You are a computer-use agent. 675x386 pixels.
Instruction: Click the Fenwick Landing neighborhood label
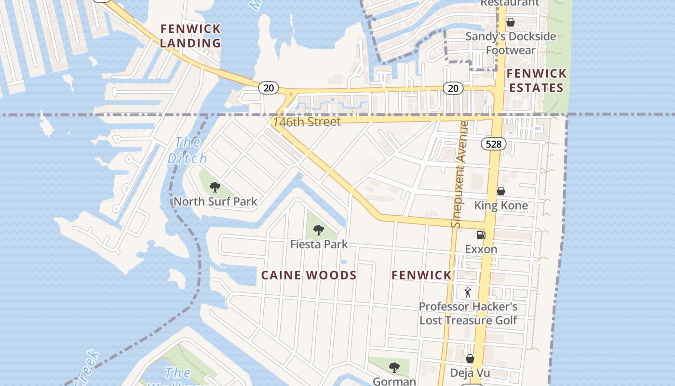190,36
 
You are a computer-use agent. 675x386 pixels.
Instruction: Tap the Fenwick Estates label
536,81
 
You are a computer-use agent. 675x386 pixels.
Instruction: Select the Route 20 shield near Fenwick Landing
269,87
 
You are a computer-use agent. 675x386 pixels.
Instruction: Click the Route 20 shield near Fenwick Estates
453,88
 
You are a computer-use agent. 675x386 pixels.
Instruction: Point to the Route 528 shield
494,144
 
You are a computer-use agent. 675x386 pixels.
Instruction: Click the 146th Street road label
307,122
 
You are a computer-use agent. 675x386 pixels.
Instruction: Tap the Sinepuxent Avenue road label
459,174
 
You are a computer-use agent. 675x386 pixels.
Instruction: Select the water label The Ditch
187,150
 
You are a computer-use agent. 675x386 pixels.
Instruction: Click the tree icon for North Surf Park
215,187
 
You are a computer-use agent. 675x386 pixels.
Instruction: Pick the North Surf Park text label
215,202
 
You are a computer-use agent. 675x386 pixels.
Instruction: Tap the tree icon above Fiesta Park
318,230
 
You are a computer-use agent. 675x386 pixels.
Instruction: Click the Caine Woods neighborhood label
309,276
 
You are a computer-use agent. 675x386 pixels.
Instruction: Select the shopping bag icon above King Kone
501,191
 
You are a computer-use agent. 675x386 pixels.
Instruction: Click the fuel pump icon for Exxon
481,235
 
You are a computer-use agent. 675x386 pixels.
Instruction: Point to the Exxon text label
481,249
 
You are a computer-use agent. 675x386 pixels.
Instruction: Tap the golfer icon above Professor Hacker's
468,292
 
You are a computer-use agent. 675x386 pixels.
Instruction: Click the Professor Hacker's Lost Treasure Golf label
468,313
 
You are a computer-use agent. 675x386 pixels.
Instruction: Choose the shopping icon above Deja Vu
470,358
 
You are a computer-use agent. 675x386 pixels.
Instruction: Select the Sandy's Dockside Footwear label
511,43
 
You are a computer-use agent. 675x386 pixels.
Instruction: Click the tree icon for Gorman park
394,367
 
